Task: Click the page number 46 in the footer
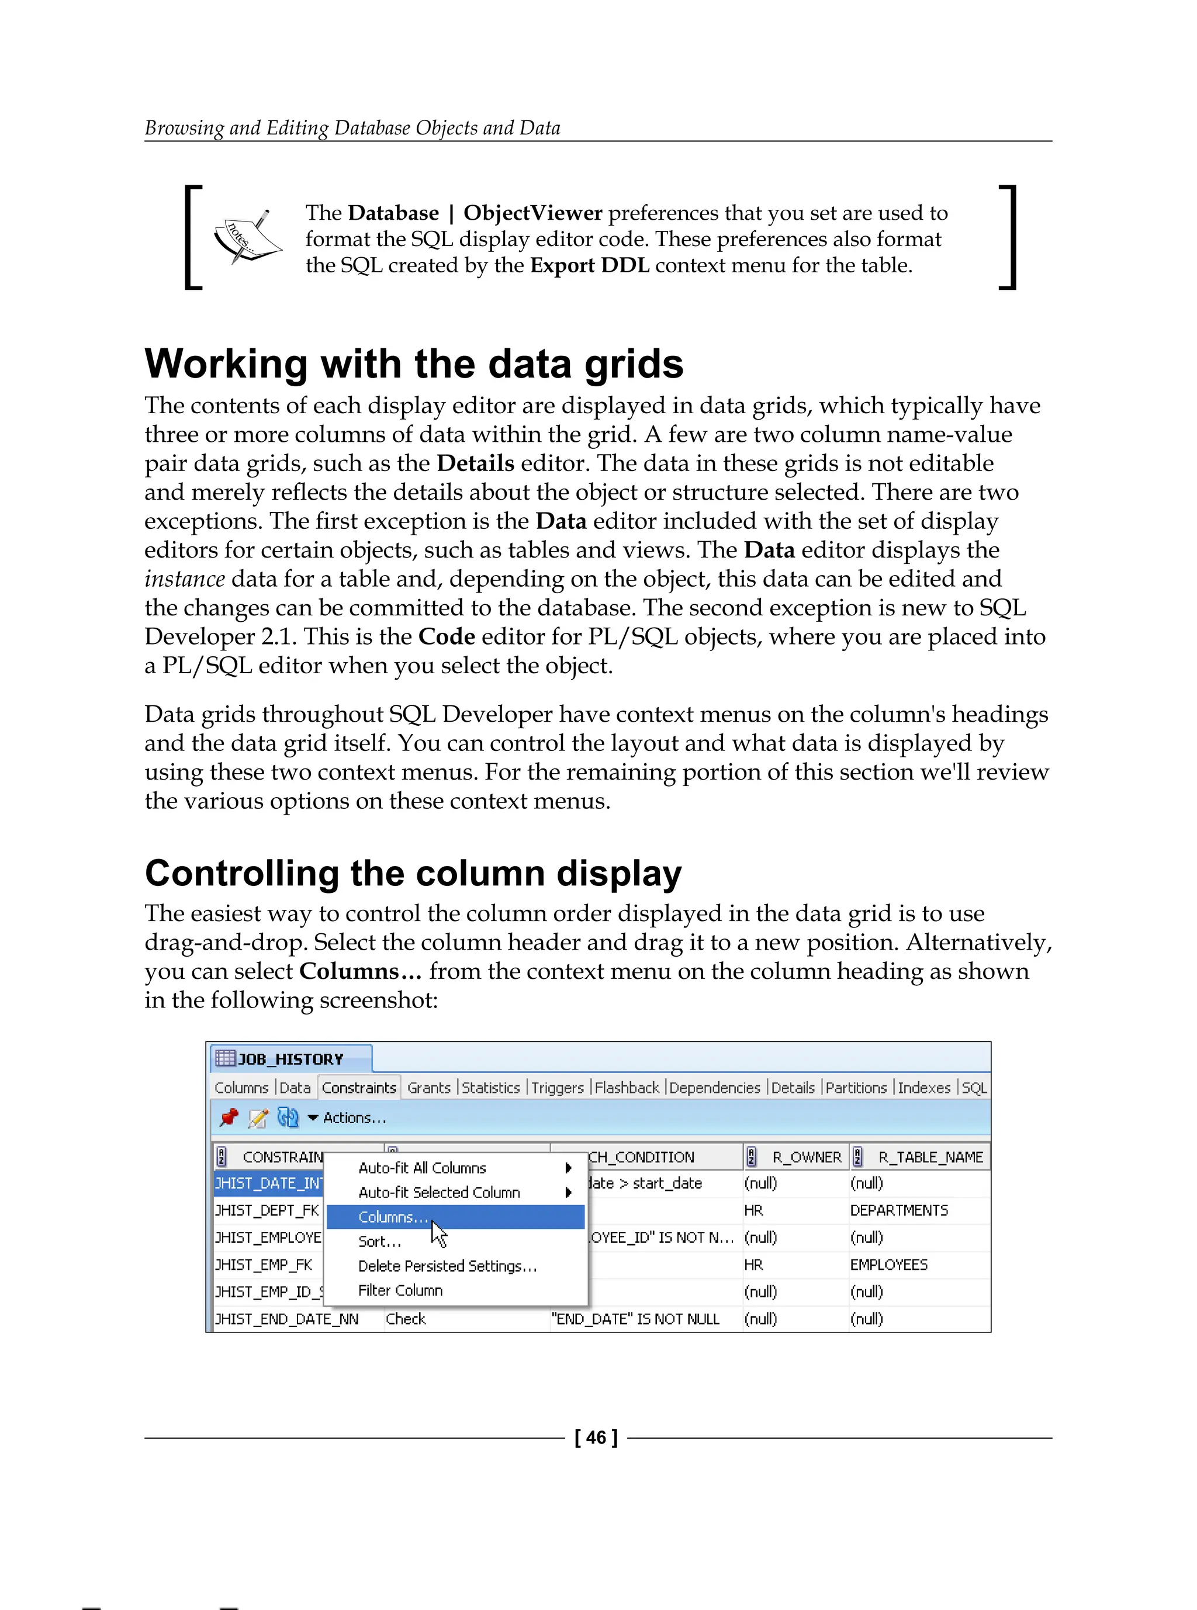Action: coord(596,1437)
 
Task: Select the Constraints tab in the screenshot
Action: coord(359,1088)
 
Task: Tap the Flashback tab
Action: coord(627,1088)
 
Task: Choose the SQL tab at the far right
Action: coord(974,1088)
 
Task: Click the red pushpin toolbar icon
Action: coord(229,1117)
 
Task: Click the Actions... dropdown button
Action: coord(347,1118)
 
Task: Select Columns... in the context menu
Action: coord(393,1217)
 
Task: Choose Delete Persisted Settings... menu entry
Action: coord(447,1266)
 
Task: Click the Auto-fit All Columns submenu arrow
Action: coord(569,1168)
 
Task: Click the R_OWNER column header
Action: coord(806,1157)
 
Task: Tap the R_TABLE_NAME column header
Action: coord(930,1157)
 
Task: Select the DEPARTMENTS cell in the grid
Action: coord(898,1211)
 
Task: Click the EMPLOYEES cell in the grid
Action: coord(888,1265)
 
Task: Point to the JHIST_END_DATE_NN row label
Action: coord(287,1320)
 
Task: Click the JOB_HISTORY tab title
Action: coord(290,1060)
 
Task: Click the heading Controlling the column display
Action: coord(413,873)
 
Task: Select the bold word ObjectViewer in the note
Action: coord(532,213)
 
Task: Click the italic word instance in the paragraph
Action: coord(184,579)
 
